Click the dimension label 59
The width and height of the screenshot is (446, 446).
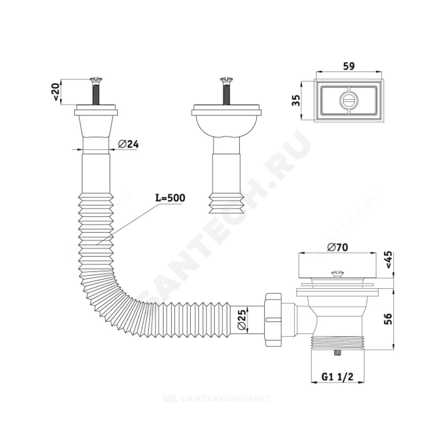coord(349,66)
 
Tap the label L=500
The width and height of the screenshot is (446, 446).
coord(170,198)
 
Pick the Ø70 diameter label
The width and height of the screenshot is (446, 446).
coord(337,248)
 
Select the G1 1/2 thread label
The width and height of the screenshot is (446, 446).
coord(337,376)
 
